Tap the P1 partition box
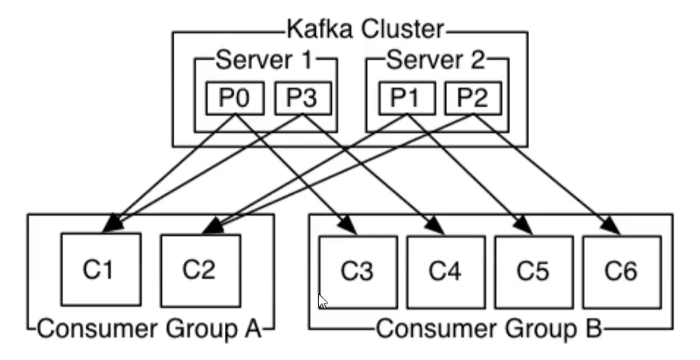pyautogui.click(x=406, y=99)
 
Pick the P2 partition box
pyautogui.click(x=473, y=99)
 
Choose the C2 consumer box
pyautogui.click(x=200, y=270)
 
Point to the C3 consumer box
pyautogui.click(x=357, y=272)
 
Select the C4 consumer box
pyautogui.click(x=446, y=272)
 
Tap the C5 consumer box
pyautogui.click(x=534, y=272)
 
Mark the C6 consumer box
pyautogui.click(x=622, y=272)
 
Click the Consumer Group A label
pyautogui.click(x=149, y=329)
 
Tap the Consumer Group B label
pyautogui.click(x=489, y=329)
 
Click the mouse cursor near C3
pyautogui.click(x=322, y=301)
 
